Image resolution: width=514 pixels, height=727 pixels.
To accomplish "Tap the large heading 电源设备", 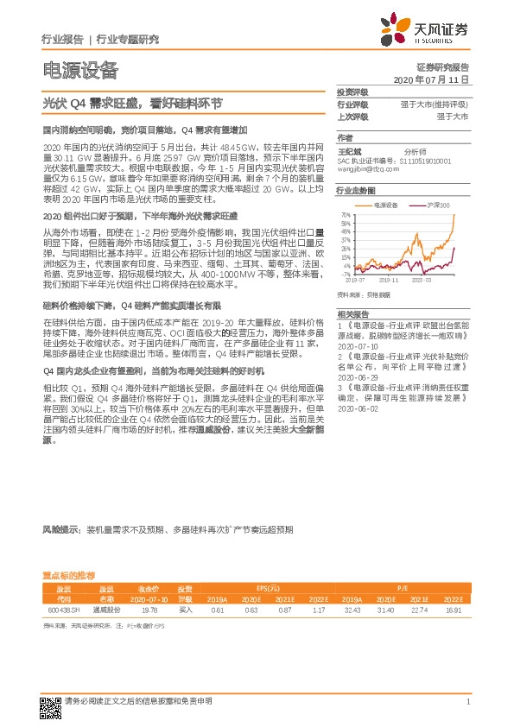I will pos(80,70).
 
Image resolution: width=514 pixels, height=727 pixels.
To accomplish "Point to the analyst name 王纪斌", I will pos(347,150).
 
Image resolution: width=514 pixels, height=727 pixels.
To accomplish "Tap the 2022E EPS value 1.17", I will pos(319,609).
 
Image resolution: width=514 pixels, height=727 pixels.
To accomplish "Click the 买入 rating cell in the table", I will pos(185,609).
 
